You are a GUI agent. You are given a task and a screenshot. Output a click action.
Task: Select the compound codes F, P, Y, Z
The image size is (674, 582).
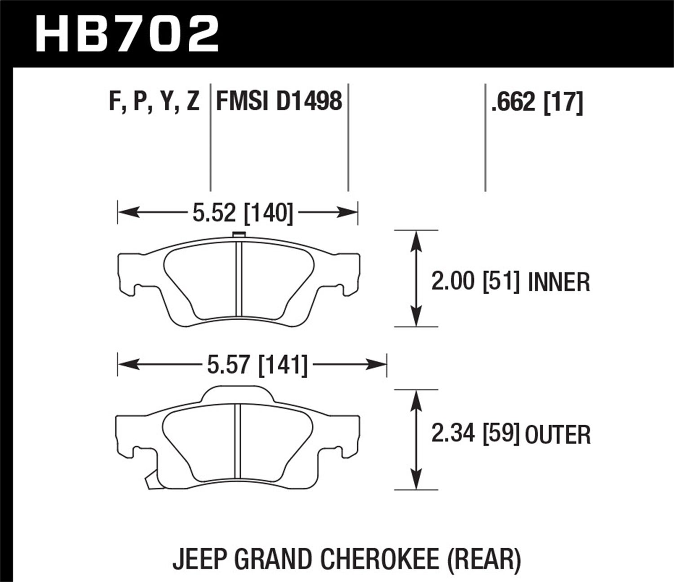(154, 101)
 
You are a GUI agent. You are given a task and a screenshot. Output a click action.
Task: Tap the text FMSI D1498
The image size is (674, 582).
(279, 101)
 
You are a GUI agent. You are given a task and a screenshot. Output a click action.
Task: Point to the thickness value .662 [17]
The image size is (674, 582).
(537, 102)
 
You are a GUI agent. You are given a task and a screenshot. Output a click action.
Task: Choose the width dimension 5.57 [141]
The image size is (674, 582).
(257, 365)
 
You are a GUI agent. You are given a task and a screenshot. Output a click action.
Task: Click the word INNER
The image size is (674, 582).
(559, 282)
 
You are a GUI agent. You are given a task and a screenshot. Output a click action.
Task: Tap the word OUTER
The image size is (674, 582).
(558, 435)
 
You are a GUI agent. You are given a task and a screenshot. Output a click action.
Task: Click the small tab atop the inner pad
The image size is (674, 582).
(239, 234)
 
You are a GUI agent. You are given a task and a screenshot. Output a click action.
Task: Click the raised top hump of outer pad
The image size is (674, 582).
(238, 393)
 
